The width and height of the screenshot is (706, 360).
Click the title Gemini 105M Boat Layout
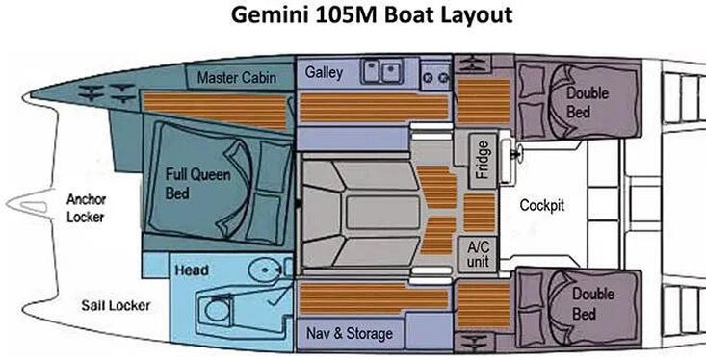click(372, 15)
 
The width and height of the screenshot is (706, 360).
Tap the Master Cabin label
click(237, 77)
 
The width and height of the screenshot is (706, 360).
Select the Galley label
click(324, 72)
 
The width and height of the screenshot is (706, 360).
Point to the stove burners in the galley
click(436, 77)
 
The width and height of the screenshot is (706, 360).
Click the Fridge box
click(483, 161)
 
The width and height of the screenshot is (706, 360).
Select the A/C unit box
click(478, 254)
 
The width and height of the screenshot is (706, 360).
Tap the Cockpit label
click(541, 205)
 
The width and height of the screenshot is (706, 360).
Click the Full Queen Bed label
click(197, 184)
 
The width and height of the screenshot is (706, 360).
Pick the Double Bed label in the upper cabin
click(587, 102)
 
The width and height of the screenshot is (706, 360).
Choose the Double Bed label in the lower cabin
click(592, 304)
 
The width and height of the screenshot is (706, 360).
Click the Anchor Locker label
click(86, 208)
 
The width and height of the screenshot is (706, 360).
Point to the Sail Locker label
click(116, 305)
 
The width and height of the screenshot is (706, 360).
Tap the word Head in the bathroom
click(192, 270)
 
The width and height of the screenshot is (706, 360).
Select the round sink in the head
click(265, 270)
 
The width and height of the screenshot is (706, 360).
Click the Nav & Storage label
click(350, 333)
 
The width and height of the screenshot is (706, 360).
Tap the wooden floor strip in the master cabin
click(215, 109)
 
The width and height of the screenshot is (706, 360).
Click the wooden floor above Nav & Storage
click(374, 298)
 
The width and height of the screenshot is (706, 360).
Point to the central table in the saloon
click(383, 213)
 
